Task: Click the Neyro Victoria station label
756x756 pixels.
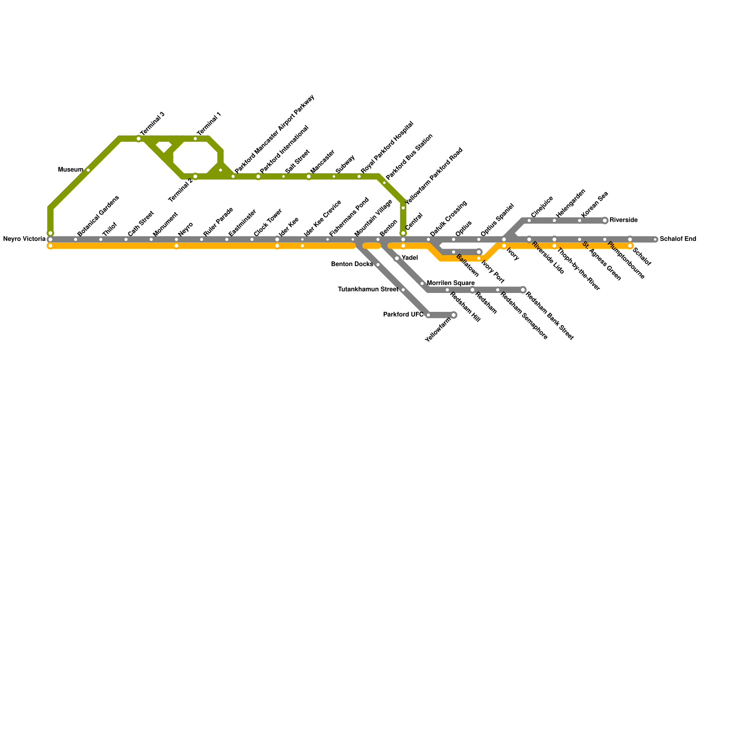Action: (24, 239)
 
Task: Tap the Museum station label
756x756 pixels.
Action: (70, 170)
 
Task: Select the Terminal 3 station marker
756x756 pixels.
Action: (139, 139)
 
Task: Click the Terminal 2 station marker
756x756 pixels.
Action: (195, 176)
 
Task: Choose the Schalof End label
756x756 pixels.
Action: (678, 239)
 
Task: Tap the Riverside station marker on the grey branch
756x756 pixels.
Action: (605, 221)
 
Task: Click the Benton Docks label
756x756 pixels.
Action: (352, 265)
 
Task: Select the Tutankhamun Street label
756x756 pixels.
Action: (368, 290)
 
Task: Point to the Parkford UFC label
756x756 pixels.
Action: (403, 315)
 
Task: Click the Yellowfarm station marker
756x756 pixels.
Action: (454, 315)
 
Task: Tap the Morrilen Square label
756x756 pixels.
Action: (450, 283)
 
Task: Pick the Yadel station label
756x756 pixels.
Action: (409, 258)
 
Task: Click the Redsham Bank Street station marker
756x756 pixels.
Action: (523, 290)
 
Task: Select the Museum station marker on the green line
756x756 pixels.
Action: (88, 170)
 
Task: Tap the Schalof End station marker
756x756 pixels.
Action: (655, 240)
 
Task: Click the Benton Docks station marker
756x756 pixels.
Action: (378, 265)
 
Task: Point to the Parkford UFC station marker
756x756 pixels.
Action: (429, 315)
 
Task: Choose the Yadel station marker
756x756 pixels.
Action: (397, 258)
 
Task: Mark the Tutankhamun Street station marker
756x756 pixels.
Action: (403, 290)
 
